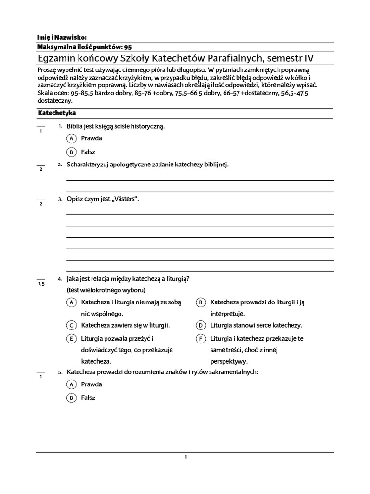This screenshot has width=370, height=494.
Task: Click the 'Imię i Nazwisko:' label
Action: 62,37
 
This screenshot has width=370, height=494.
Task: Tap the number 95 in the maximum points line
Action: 128,47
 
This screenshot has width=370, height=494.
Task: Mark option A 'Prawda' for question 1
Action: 71,138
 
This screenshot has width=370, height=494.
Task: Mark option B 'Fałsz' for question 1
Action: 71,152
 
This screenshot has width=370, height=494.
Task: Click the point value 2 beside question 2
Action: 41,169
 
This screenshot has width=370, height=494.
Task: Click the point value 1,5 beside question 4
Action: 41,284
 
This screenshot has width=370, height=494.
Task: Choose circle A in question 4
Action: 71,302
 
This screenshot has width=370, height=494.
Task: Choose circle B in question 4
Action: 200,302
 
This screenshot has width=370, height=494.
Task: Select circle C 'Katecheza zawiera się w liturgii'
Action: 71,325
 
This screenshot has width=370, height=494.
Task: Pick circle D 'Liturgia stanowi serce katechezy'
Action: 200,325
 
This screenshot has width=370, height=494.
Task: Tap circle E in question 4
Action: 71,339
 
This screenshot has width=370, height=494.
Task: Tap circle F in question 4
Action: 200,339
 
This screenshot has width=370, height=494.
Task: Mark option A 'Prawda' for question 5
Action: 71,384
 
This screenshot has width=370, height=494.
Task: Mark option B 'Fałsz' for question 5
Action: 71,398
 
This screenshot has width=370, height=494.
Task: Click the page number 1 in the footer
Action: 185,457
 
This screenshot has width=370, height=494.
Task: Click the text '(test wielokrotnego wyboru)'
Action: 106,290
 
